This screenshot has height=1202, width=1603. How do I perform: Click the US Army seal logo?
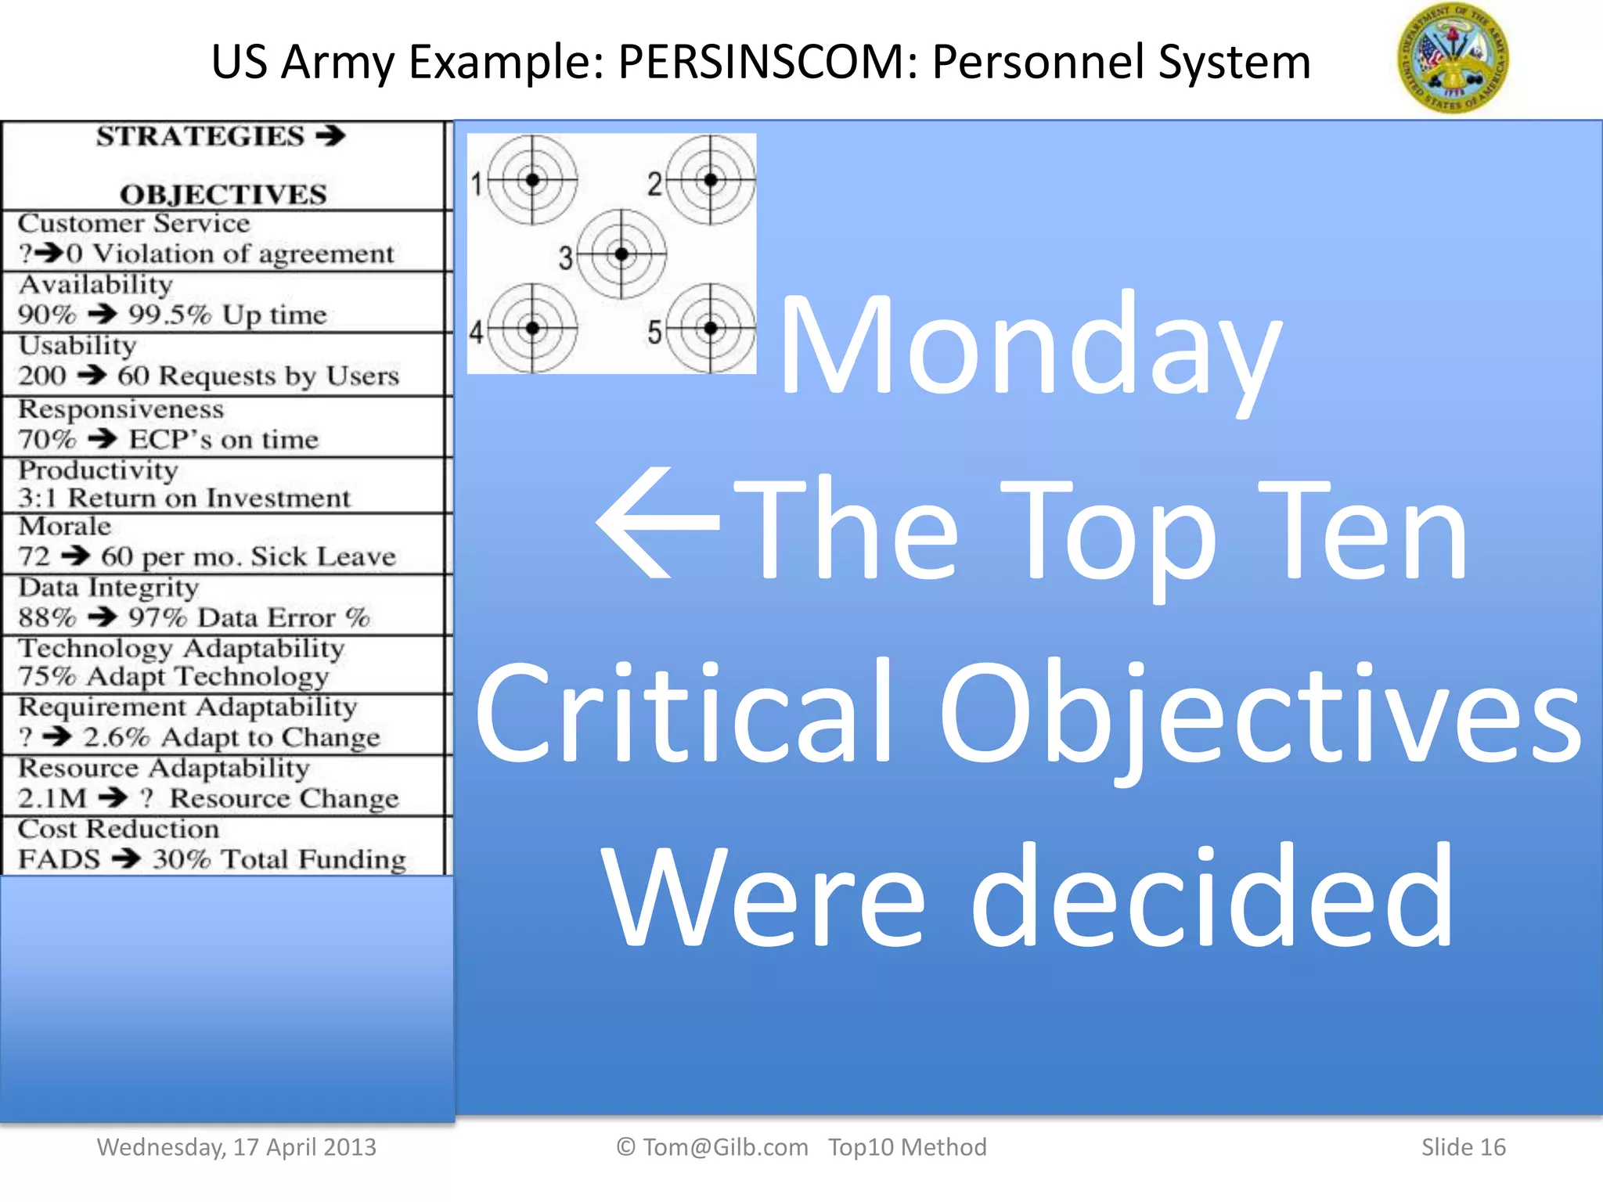[1453, 59]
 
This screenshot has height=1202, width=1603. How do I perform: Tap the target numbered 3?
[621, 254]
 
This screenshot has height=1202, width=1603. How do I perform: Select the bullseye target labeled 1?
[532, 180]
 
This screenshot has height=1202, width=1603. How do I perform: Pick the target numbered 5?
[710, 328]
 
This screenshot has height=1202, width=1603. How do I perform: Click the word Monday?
[1031, 347]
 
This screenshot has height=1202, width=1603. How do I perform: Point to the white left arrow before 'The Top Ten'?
[658, 524]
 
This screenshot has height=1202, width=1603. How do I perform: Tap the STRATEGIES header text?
[200, 136]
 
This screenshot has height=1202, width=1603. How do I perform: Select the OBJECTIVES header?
[223, 194]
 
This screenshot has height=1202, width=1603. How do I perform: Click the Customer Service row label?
[134, 224]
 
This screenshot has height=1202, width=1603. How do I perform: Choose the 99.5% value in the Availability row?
[170, 315]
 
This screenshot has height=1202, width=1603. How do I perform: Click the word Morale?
[65, 527]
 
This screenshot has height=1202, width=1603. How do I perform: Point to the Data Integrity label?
[109, 588]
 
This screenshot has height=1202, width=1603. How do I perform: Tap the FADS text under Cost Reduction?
[59, 859]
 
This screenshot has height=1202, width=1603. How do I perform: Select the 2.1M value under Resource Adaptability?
[52, 798]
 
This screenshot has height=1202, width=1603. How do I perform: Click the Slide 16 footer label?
[1463, 1147]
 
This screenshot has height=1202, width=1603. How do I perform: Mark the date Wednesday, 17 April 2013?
[236, 1147]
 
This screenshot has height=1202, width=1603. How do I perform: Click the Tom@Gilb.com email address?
[725, 1147]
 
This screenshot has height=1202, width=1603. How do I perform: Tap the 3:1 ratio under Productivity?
[36, 498]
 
